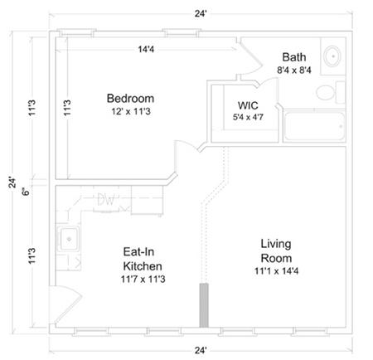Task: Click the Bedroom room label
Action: pos(131,97)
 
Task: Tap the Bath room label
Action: pos(293,57)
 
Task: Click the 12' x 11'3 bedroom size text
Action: pos(131,111)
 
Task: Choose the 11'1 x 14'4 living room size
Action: pos(277,279)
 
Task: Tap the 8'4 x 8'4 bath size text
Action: pos(293,71)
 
